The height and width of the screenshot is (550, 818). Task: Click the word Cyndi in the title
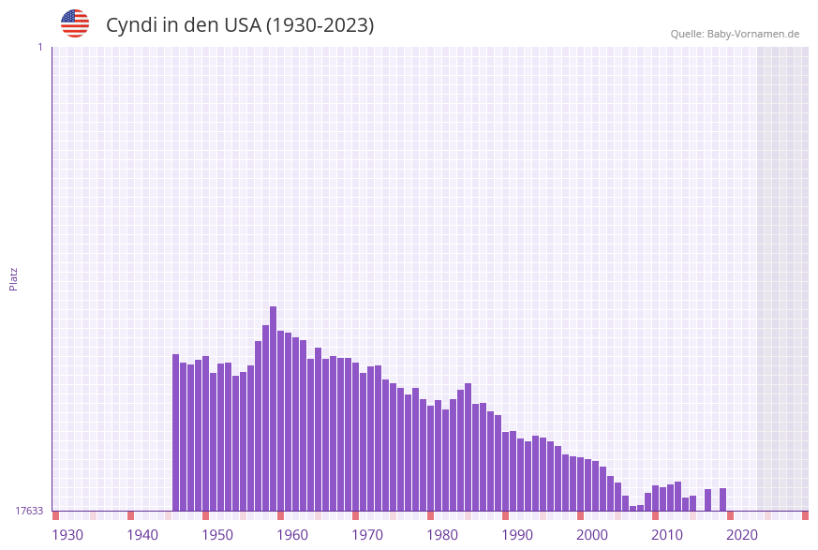(x=130, y=25)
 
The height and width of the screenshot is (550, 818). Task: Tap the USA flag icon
(x=75, y=23)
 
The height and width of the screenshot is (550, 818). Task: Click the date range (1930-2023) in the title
(x=320, y=25)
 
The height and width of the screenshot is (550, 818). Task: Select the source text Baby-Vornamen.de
(x=753, y=34)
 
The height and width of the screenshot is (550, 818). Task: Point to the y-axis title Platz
(x=14, y=278)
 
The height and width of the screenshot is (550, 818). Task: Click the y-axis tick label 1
(x=39, y=47)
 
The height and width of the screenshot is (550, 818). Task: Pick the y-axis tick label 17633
(x=29, y=511)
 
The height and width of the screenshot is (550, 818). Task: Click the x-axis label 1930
(x=67, y=535)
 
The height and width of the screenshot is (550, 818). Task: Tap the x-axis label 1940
(x=142, y=535)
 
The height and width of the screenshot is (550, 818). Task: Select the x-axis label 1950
(x=217, y=535)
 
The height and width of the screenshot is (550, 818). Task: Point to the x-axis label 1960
(x=292, y=535)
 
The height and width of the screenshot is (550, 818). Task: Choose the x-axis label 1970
(x=367, y=535)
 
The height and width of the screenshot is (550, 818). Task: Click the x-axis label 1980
(x=442, y=535)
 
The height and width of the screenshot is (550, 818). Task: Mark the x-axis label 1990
(x=517, y=535)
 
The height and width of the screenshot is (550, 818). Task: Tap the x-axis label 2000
(x=592, y=535)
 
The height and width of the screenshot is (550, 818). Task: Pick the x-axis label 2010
(x=667, y=535)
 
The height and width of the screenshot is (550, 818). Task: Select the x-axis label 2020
(x=742, y=535)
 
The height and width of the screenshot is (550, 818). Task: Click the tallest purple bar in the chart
(x=273, y=408)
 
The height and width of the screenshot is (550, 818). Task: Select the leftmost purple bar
(x=175, y=432)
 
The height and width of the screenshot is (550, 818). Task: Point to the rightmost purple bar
(x=722, y=499)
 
